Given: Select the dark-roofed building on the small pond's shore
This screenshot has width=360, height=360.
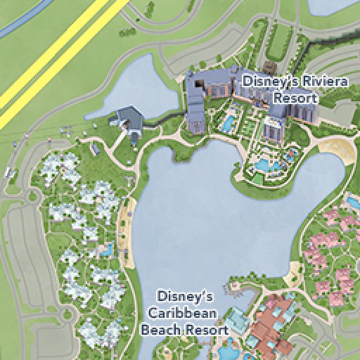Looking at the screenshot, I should pos(129,117).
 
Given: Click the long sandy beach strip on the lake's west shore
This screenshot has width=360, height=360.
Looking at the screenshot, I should pos(127,232).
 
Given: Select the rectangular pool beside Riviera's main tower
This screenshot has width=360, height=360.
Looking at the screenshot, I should pos(228,124).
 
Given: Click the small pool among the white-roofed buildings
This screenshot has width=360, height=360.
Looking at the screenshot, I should pos(106,248).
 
